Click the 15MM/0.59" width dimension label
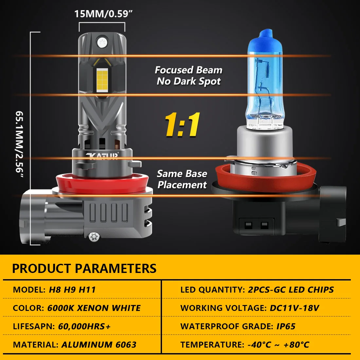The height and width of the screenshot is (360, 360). tap(103, 14)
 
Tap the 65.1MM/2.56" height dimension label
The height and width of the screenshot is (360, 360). tap(20, 144)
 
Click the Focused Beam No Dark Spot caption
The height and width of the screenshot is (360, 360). tap(189, 76)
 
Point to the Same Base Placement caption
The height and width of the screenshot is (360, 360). tap(182, 179)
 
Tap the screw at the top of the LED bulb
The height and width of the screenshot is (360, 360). tap(103, 42)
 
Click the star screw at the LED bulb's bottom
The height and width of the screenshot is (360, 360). tap(94, 237)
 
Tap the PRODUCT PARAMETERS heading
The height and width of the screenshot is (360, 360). tap(84, 268)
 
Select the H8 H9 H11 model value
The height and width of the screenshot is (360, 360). tap(72, 290)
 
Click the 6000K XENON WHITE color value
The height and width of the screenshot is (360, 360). tap(94, 308)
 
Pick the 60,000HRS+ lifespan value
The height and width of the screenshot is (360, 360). tap(84, 326)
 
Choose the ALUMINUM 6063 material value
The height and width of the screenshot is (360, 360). tap(99, 345)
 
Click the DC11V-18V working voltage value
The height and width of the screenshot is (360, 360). tap(295, 308)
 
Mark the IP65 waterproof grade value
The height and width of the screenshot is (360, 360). tap(286, 326)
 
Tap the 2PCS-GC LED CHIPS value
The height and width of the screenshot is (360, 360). tap(291, 290)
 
